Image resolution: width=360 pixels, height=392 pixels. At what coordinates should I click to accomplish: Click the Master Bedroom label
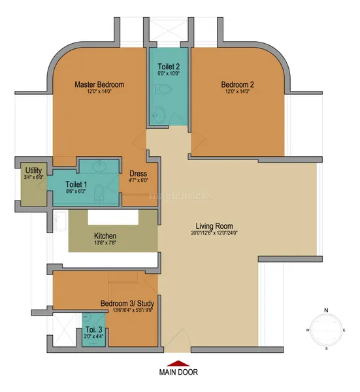99,84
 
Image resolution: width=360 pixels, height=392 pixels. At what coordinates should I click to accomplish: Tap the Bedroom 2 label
239,84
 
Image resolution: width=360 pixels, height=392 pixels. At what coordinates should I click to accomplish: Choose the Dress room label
138,173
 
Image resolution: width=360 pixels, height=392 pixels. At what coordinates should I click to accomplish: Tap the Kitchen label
105,236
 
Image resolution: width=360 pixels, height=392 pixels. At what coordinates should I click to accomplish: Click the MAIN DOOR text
178,372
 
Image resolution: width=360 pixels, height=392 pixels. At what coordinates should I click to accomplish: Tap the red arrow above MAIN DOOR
178,363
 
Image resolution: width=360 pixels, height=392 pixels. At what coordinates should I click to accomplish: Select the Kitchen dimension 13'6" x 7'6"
105,244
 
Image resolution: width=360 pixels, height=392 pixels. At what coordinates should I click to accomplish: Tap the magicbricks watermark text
172,195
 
